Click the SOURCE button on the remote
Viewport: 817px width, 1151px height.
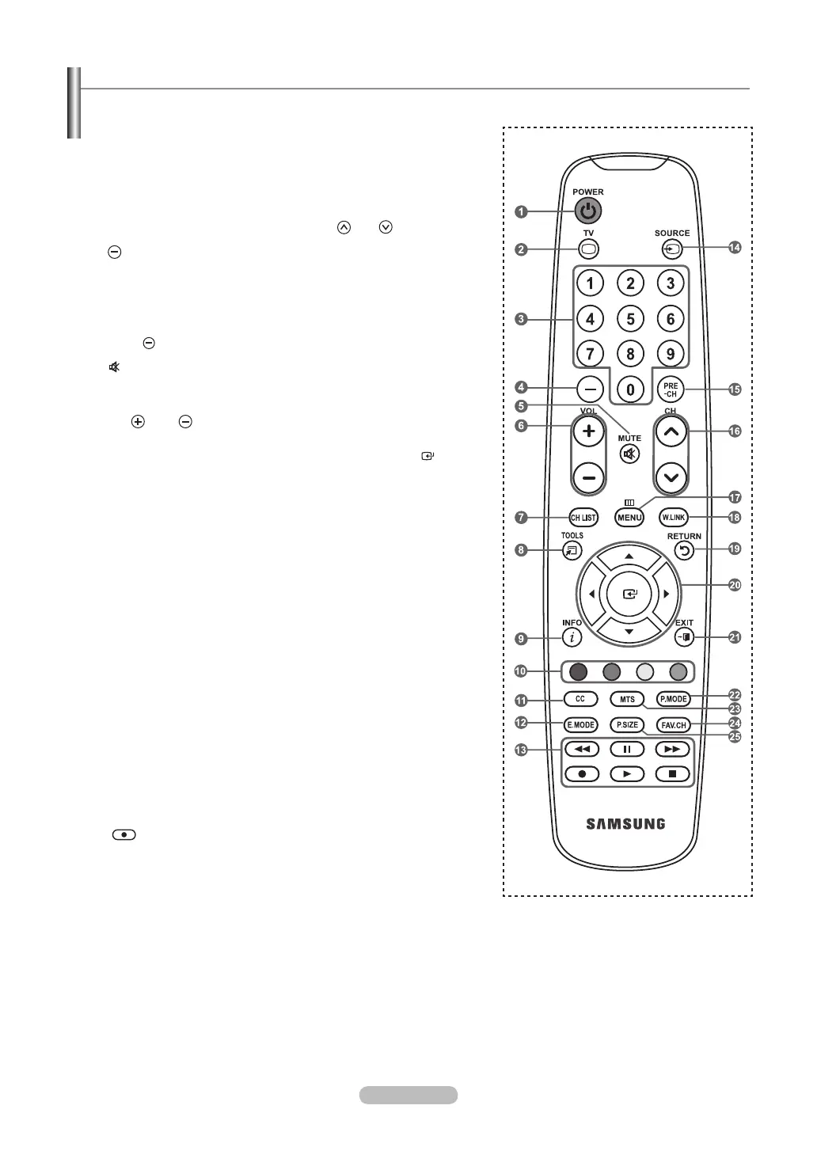point(671,249)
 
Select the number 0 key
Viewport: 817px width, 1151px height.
point(630,389)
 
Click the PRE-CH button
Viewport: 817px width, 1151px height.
point(671,389)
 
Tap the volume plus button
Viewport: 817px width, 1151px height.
point(589,431)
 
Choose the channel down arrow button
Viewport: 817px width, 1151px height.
point(671,477)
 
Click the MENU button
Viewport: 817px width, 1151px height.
point(629,518)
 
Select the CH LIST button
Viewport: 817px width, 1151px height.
point(583,518)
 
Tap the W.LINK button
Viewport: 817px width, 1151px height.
point(673,518)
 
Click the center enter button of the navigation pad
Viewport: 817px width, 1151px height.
point(629,594)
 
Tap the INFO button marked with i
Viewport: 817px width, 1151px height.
point(571,637)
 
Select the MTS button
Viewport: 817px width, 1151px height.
point(627,700)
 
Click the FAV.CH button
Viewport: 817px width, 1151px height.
point(673,725)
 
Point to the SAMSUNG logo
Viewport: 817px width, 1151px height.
point(625,824)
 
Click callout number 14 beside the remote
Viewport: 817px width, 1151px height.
point(735,248)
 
